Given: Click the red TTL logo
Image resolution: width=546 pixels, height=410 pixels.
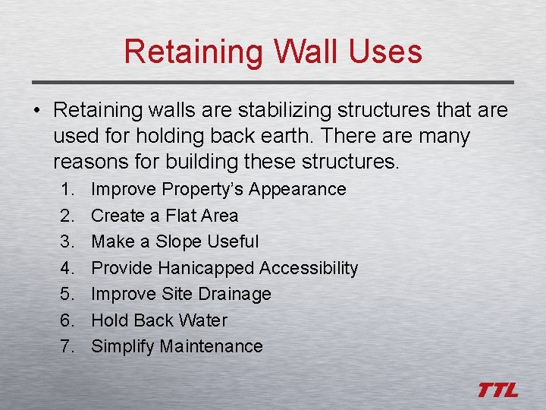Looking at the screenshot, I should [497, 390].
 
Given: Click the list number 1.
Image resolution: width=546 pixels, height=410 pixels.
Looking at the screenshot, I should [66, 190].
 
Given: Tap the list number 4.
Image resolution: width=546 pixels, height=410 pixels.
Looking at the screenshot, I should [66, 268].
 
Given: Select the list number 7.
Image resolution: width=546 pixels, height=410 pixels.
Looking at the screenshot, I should [66, 347].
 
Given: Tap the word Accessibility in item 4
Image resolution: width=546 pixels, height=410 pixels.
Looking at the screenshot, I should [309, 268].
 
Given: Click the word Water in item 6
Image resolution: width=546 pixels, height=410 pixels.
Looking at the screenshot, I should [203, 320].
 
